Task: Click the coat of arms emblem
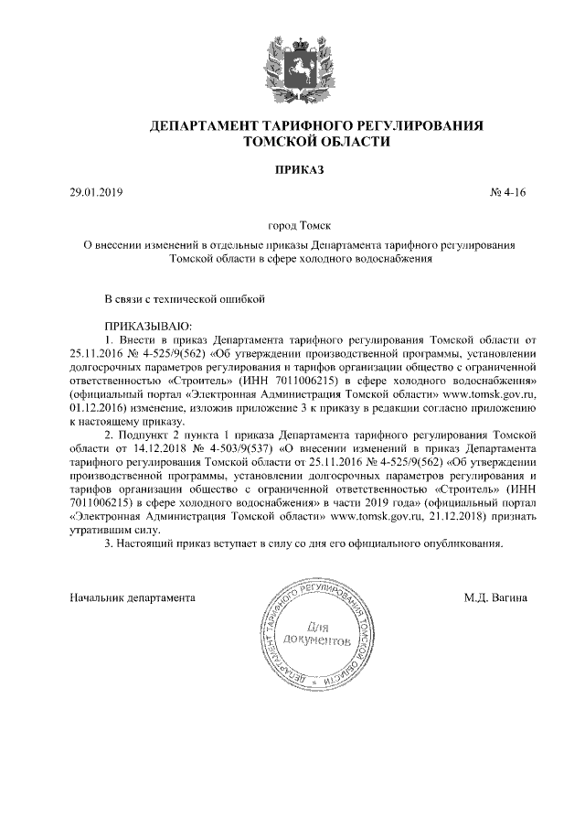[293, 65]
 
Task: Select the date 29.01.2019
[96, 193]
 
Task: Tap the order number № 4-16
[509, 193]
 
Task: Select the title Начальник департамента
[133, 597]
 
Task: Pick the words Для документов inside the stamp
[316, 634]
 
